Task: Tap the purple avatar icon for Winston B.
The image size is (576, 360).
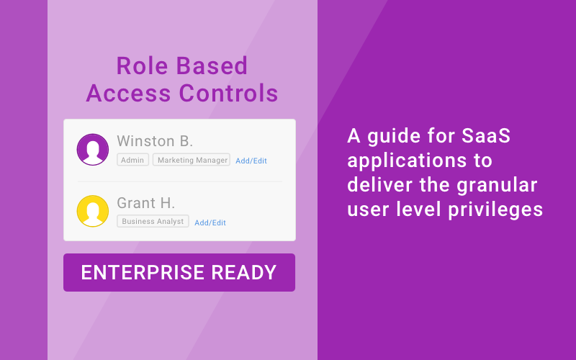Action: click(93, 149)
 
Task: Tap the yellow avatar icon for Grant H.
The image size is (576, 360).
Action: click(93, 211)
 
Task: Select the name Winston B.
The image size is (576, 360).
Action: click(155, 140)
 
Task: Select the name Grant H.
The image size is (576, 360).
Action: click(146, 203)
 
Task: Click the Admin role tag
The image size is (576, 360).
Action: click(132, 160)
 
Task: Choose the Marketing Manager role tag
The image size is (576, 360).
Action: click(192, 160)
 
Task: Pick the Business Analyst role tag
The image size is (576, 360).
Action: click(153, 222)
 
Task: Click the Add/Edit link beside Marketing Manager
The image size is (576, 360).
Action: click(251, 161)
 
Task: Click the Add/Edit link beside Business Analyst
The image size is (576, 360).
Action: click(210, 222)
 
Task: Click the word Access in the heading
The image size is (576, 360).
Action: click(122, 94)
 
